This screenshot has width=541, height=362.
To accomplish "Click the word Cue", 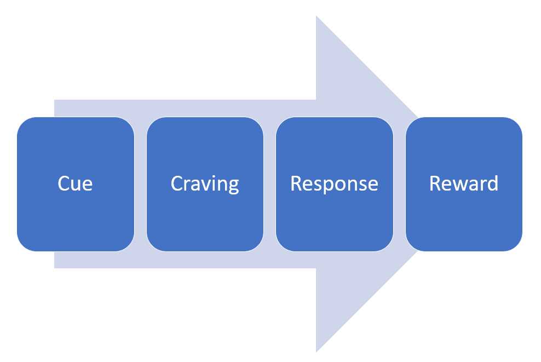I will pyautogui.click(x=75, y=183).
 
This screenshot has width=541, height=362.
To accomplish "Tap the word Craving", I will pyautogui.click(x=205, y=184).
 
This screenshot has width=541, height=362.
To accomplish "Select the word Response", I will pyautogui.click(x=334, y=184).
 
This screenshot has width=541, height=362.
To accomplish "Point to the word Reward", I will pyautogui.click(x=464, y=183).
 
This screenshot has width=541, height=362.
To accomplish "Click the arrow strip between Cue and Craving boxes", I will pyautogui.click(x=141, y=184).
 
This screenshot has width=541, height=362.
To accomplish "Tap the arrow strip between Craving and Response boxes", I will pyautogui.click(x=270, y=184).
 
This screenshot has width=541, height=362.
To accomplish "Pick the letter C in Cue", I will pyautogui.click(x=64, y=183).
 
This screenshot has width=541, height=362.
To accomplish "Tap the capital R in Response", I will pyautogui.click(x=296, y=183).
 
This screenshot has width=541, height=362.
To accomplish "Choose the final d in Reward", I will pyautogui.click(x=493, y=183).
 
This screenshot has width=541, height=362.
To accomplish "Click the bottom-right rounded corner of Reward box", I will pyautogui.click(x=517, y=246).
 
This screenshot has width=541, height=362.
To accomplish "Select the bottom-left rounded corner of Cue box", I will pyautogui.click(x=22, y=246).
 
